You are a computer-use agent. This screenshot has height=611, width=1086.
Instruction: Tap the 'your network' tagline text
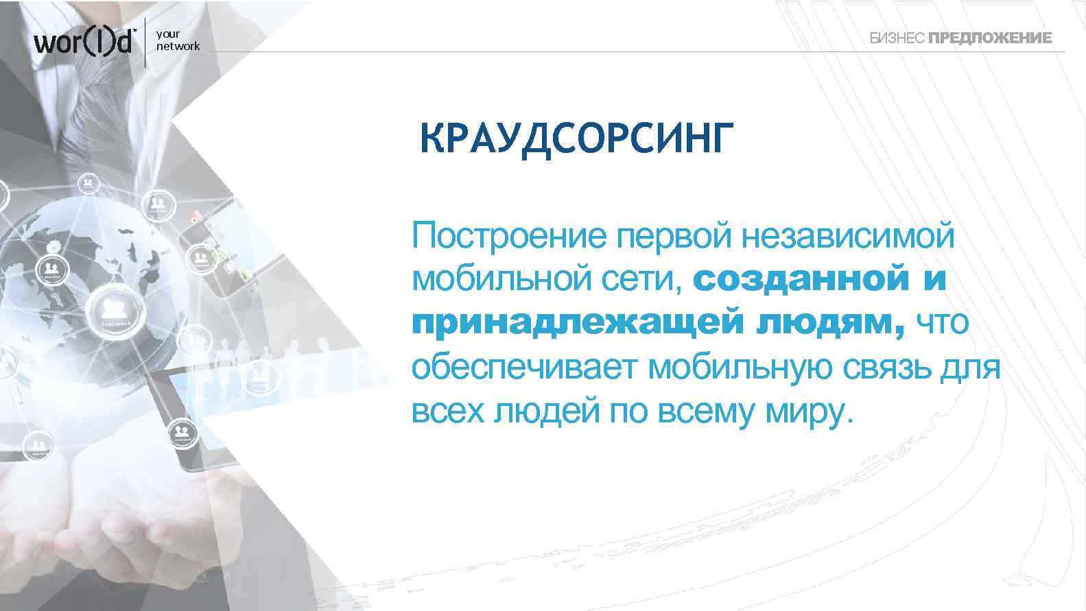[178, 40]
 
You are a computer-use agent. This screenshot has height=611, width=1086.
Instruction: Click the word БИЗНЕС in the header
[897, 38]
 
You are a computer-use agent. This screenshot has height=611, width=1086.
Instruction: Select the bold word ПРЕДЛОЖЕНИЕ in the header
[989, 38]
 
